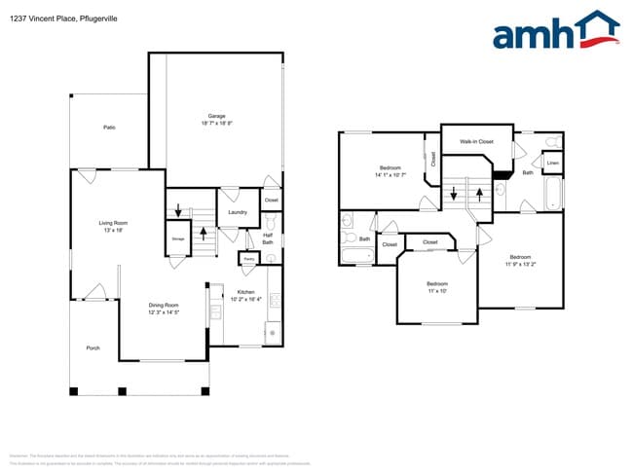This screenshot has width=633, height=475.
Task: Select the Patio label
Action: pyautogui.click(x=109, y=127)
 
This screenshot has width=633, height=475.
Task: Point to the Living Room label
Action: pyautogui.click(x=113, y=223)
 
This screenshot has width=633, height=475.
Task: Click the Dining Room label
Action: pyautogui.click(x=163, y=306)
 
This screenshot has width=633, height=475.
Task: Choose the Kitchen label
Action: pyautogui.click(x=245, y=292)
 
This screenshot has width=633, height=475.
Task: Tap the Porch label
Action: pyautogui.click(x=93, y=347)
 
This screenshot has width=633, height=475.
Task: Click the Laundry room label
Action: pyautogui.click(x=237, y=212)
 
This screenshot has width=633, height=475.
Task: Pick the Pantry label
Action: pyautogui.click(x=248, y=259)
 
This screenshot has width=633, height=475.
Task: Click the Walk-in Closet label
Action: pyautogui.click(x=476, y=142)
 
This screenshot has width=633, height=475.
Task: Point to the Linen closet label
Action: pyautogui.click(x=552, y=163)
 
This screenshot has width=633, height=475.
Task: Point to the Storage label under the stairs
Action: pyautogui.click(x=178, y=238)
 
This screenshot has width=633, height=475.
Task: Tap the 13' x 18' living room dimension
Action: pyautogui.click(x=113, y=231)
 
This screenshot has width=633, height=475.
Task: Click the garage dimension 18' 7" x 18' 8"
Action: pyautogui.click(x=217, y=124)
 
